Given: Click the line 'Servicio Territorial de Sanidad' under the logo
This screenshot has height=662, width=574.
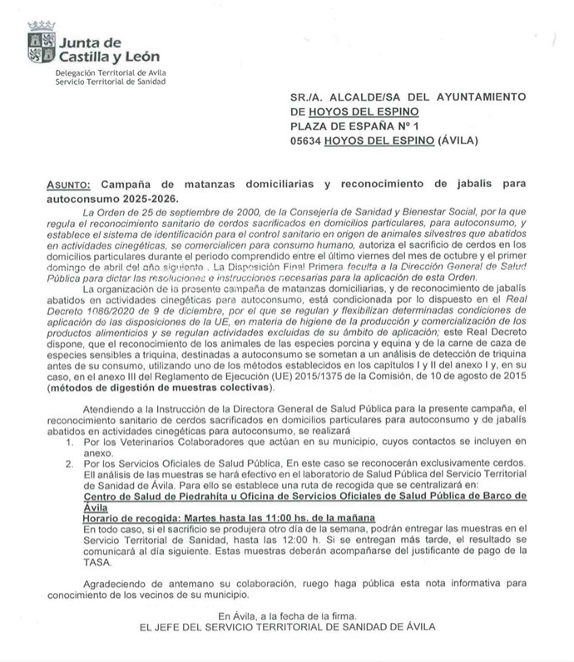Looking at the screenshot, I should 111,82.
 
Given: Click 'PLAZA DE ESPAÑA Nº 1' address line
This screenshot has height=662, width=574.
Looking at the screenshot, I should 357,126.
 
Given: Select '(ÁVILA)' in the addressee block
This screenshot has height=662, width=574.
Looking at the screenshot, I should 455,141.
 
